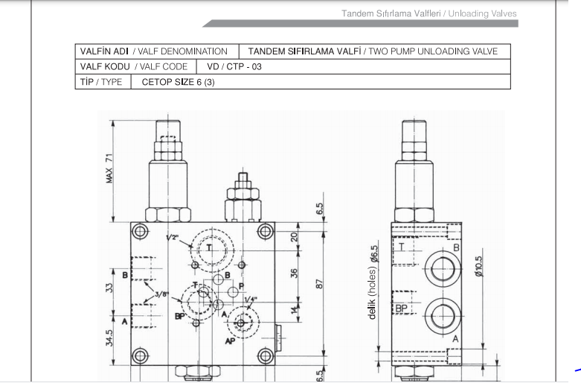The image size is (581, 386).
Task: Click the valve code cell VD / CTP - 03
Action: (234, 67)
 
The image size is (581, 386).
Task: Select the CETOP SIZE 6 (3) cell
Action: (178, 82)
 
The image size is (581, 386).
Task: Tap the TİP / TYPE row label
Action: (101, 82)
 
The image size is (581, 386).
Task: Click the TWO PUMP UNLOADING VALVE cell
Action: (373, 51)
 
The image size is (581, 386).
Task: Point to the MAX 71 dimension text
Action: (109, 168)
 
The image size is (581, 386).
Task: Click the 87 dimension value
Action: (319, 284)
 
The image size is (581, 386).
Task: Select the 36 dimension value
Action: (294, 273)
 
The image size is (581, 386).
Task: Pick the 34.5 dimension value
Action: (109, 338)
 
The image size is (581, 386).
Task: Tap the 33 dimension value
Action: (109, 288)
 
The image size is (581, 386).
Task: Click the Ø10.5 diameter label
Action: (478, 266)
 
